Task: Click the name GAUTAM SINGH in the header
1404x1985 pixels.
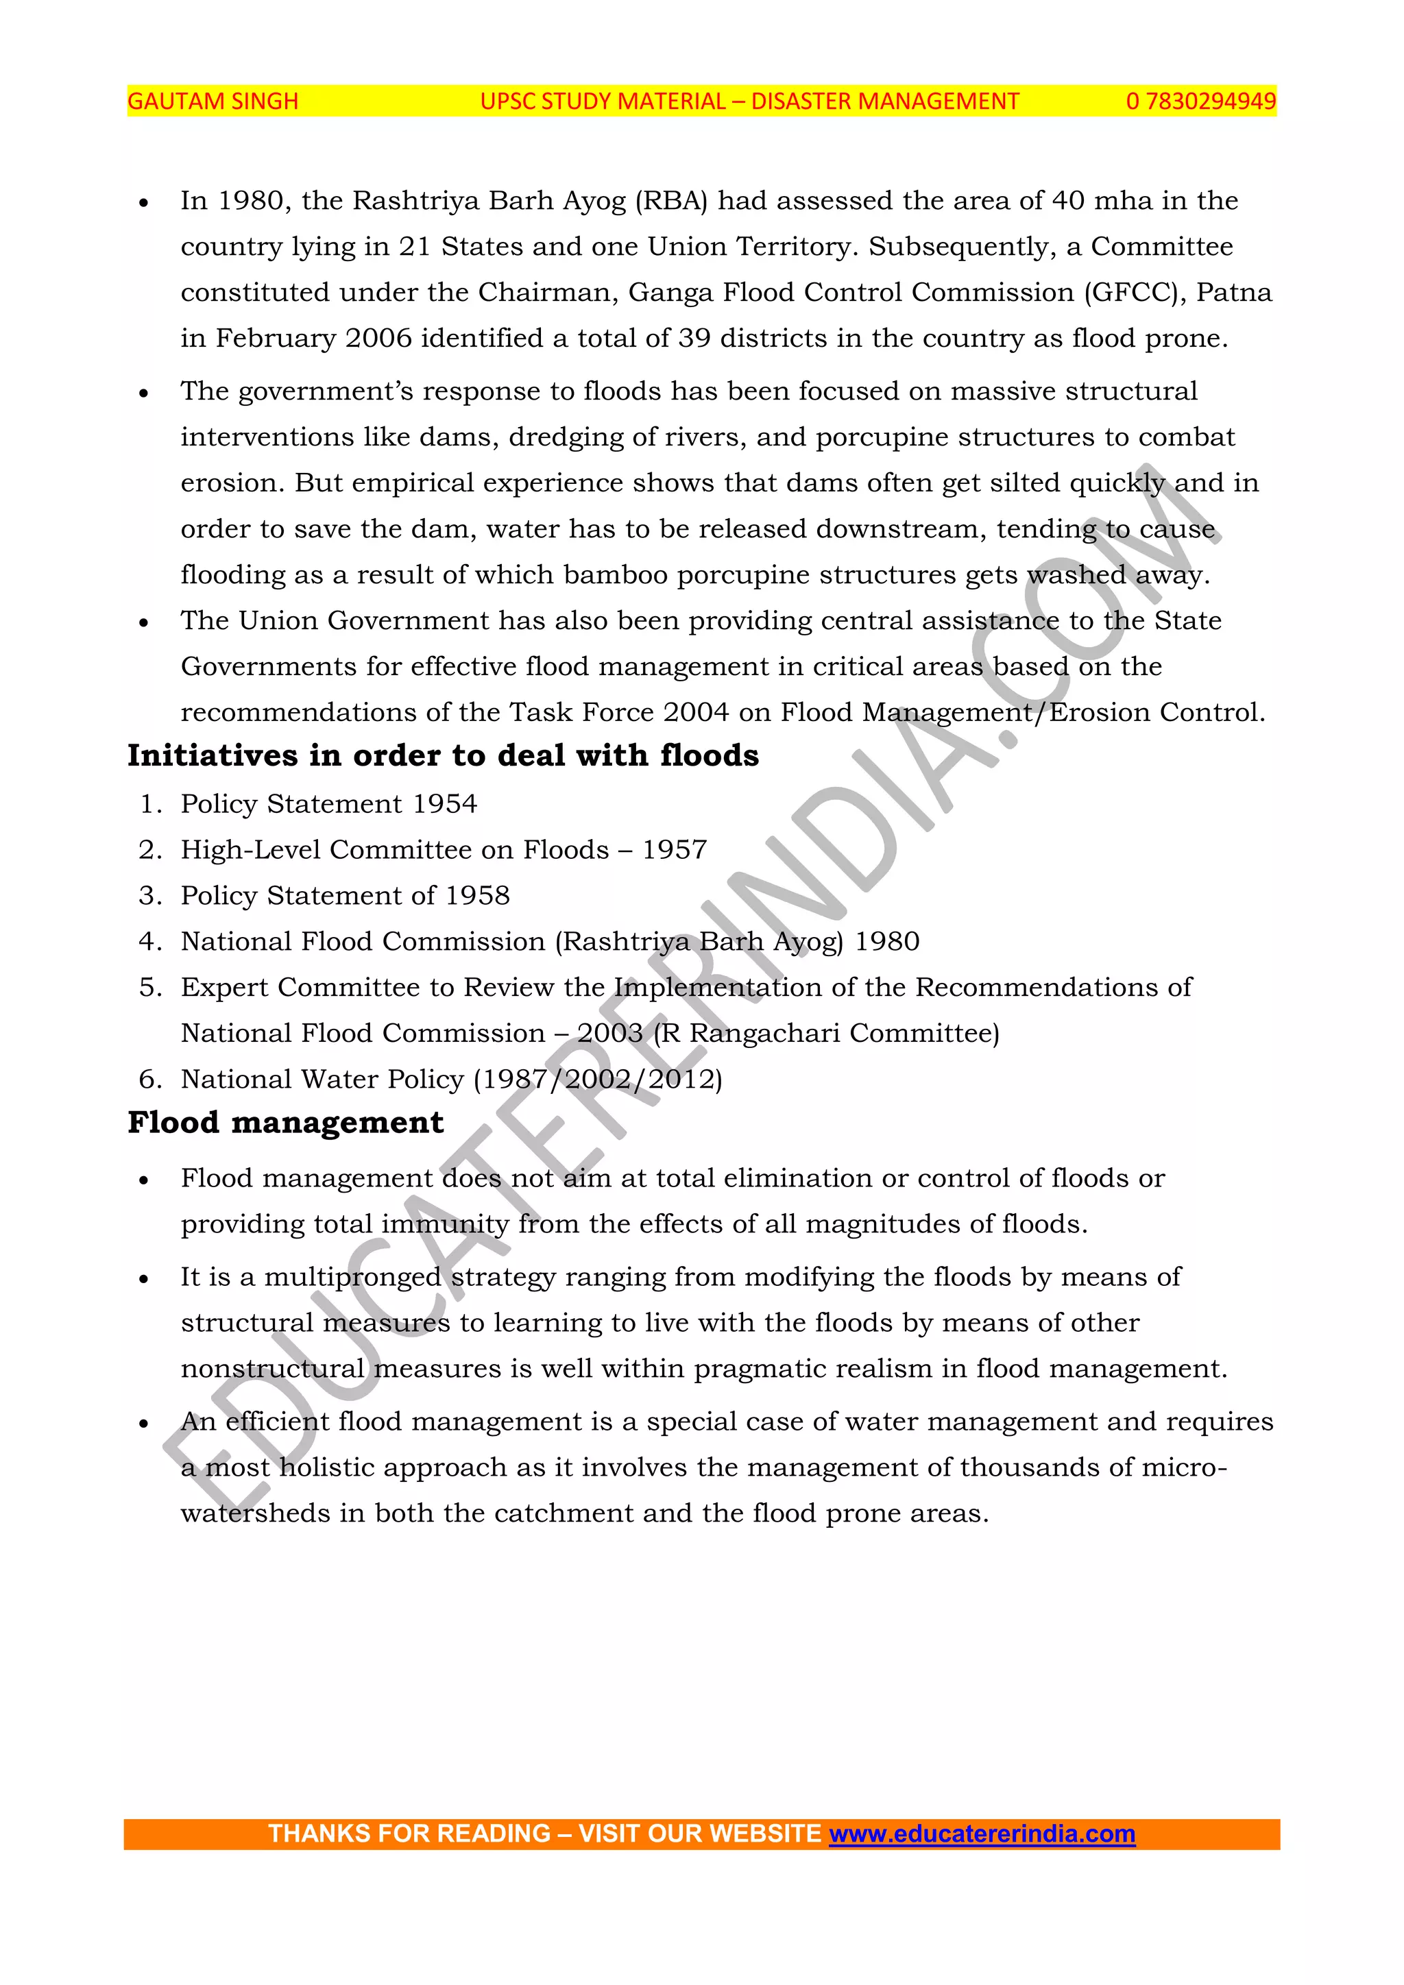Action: [x=213, y=101]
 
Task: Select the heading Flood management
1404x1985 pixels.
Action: [x=285, y=1122]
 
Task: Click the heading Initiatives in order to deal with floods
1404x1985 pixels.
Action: [x=443, y=755]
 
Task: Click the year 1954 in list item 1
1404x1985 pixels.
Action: [x=444, y=804]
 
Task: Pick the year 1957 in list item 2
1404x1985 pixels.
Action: [x=675, y=850]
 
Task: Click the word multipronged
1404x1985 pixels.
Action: [x=353, y=1277]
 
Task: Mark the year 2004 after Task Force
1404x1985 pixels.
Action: [x=696, y=712]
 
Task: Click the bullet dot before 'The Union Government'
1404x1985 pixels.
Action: [x=143, y=622]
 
